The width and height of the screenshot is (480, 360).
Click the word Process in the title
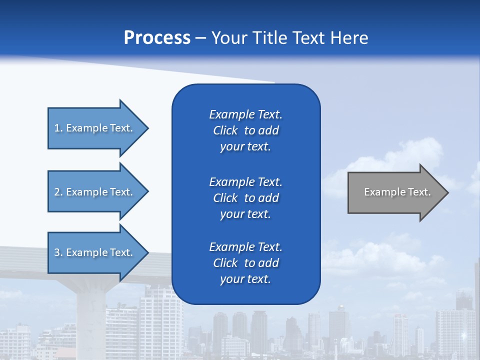pyautogui.click(x=157, y=38)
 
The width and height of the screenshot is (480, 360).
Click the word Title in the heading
pyautogui.click(x=271, y=38)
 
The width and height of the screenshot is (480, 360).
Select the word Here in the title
pyautogui.click(x=348, y=38)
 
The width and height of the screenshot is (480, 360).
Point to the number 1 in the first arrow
pyautogui.click(x=57, y=128)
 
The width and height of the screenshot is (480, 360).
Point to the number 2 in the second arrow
pyautogui.click(x=57, y=192)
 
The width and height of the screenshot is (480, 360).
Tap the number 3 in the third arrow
pyautogui.click(x=57, y=252)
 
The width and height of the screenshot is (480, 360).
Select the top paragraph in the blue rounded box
pyautogui.click(x=245, y=130)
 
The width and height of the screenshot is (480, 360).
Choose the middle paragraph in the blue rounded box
pyautogui.click(x=245, y=198)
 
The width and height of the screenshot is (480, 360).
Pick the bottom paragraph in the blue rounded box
pyautogui.click(x=245, y=263)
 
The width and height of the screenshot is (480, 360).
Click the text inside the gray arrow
pyautogui.click(x=397, y=192)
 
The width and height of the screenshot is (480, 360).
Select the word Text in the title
pyautogui.click(x=308, y=38)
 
